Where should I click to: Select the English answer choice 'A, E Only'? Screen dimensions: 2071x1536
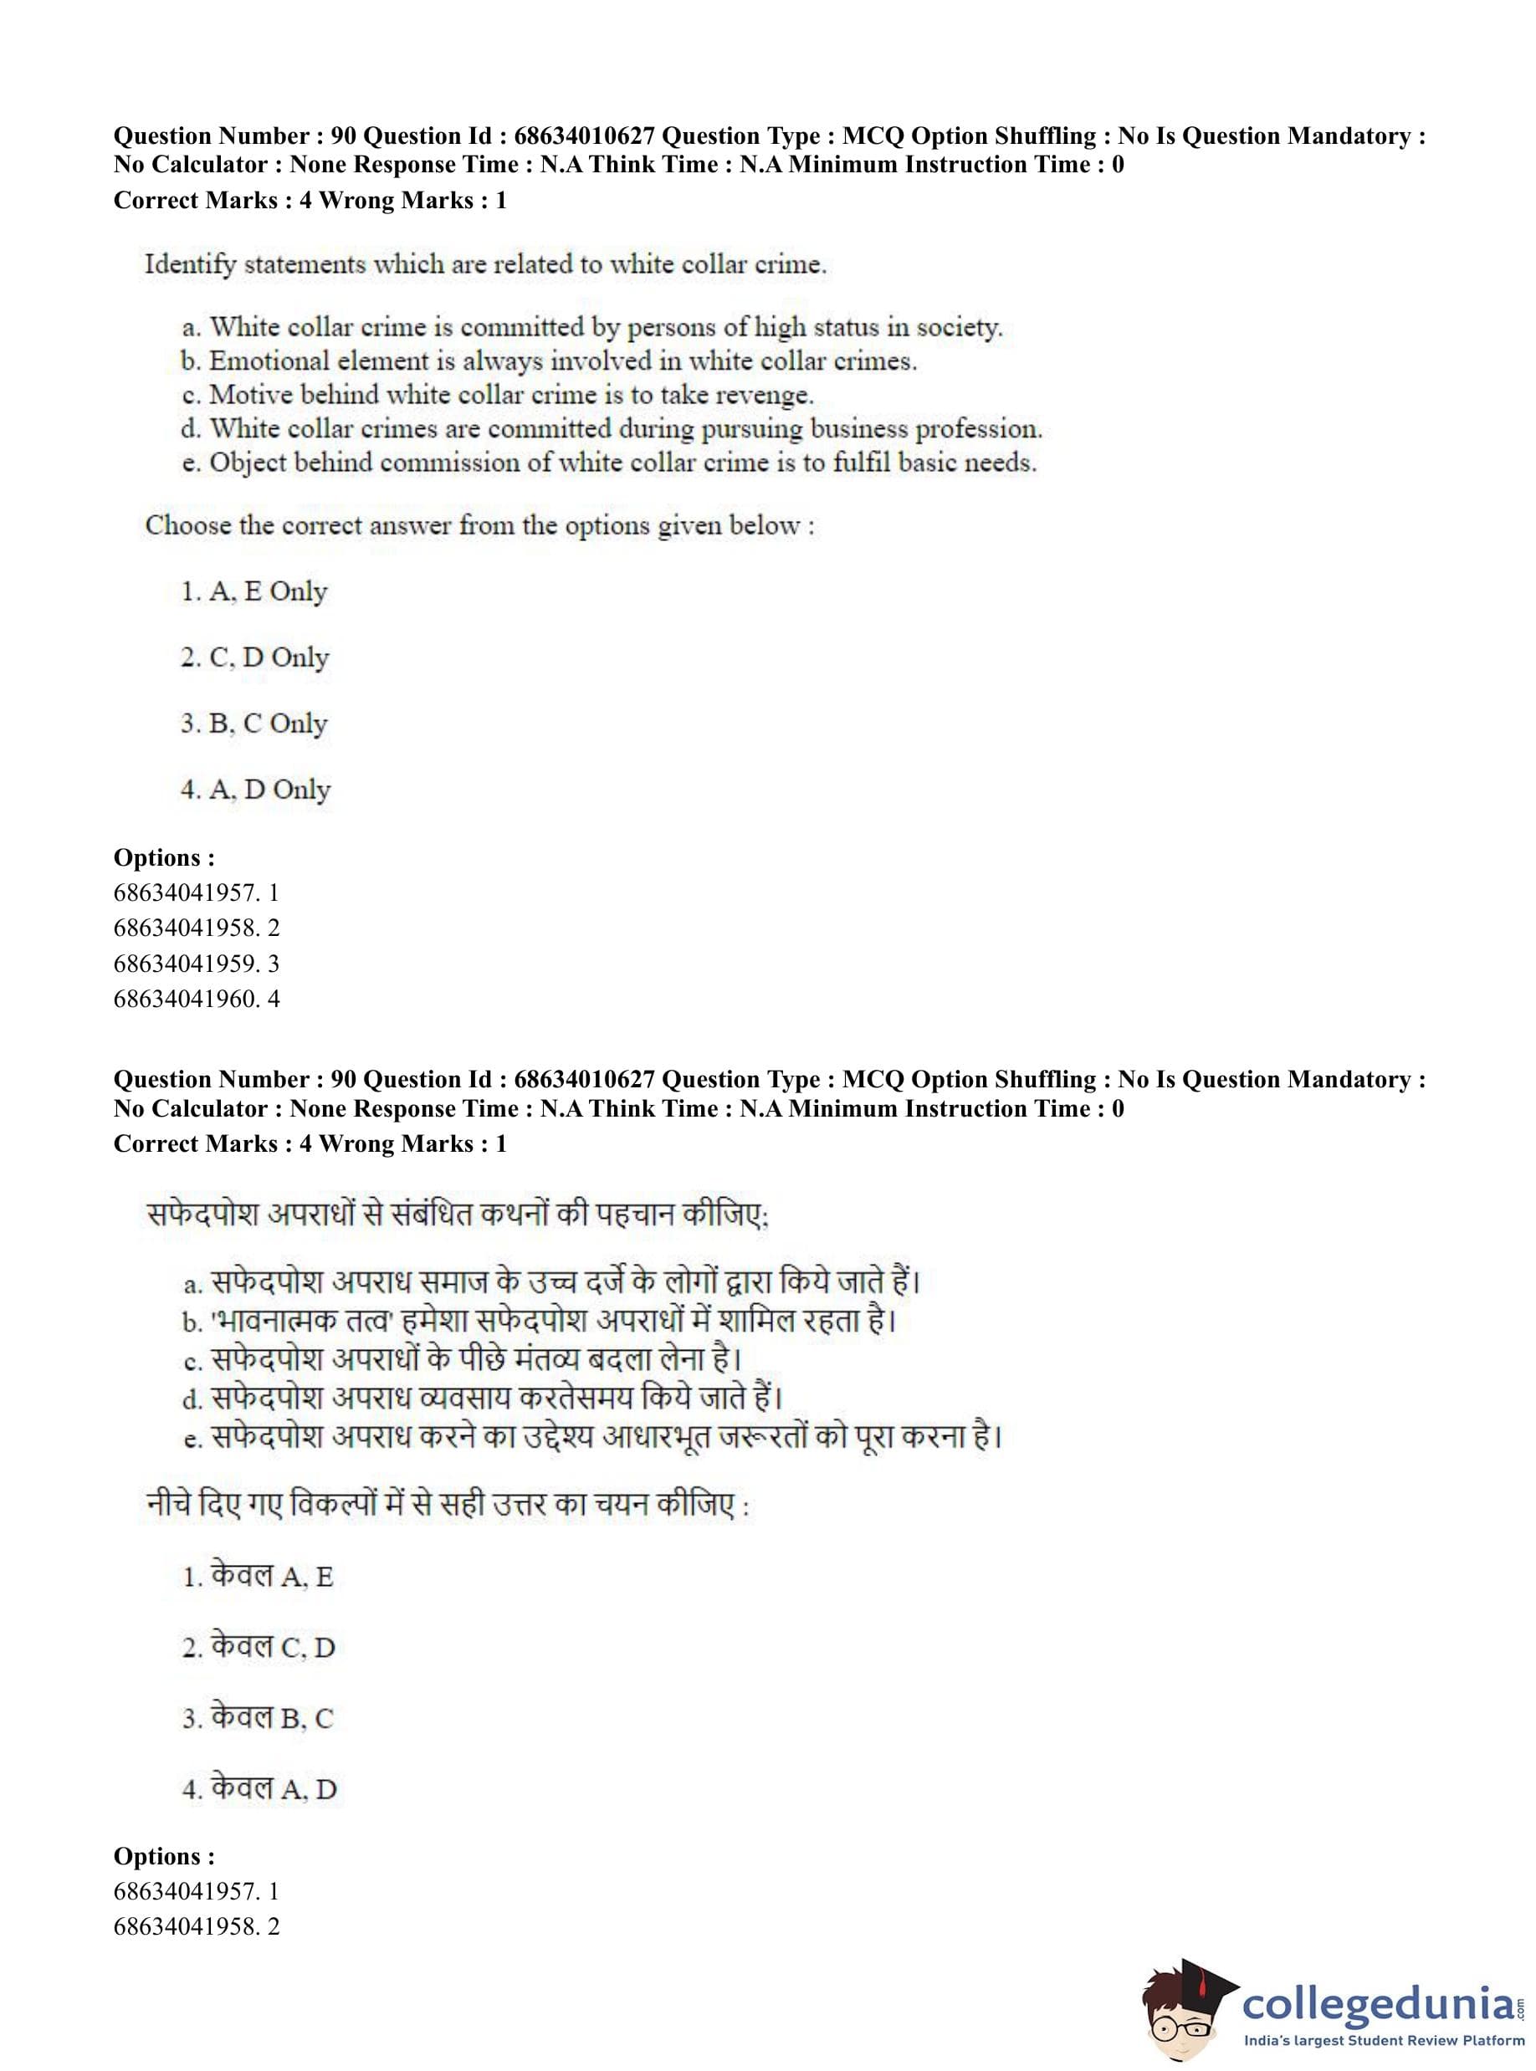click(x=253, y=591)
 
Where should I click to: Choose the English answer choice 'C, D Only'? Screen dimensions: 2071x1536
click(x=255, y=657)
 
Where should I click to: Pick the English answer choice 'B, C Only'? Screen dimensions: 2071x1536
click(x=253, y=724)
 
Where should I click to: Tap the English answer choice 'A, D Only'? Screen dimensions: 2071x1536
click(x=255, y=790)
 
